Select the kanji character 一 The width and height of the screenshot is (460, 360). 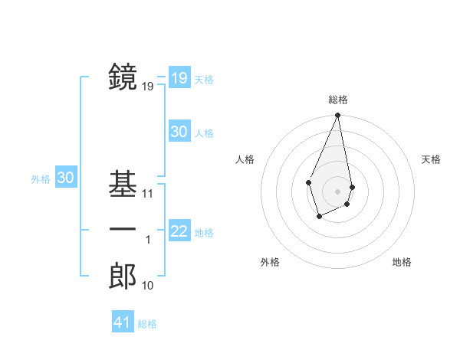coord(123,230)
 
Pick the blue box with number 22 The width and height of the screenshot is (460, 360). coord(179,231)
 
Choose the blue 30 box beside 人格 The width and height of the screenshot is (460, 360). coord(179,132)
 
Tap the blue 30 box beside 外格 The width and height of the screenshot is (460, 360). coord(65,178)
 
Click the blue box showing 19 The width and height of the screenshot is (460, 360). coord(179,78)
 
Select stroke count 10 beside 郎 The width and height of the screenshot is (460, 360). coord(148,286)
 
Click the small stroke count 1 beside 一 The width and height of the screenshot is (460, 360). coord(148,240)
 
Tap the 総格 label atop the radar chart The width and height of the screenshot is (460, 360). coord(337,100)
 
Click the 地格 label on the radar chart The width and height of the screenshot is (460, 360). coord(402,262)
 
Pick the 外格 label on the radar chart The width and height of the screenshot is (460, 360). coord(270,262)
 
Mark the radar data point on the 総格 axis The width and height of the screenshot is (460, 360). coord(337,115)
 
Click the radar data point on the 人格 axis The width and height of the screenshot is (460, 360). coord(308,182)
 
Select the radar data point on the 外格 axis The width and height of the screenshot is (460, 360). coord(320,217)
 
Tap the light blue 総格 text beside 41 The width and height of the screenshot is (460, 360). coord(147,324)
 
